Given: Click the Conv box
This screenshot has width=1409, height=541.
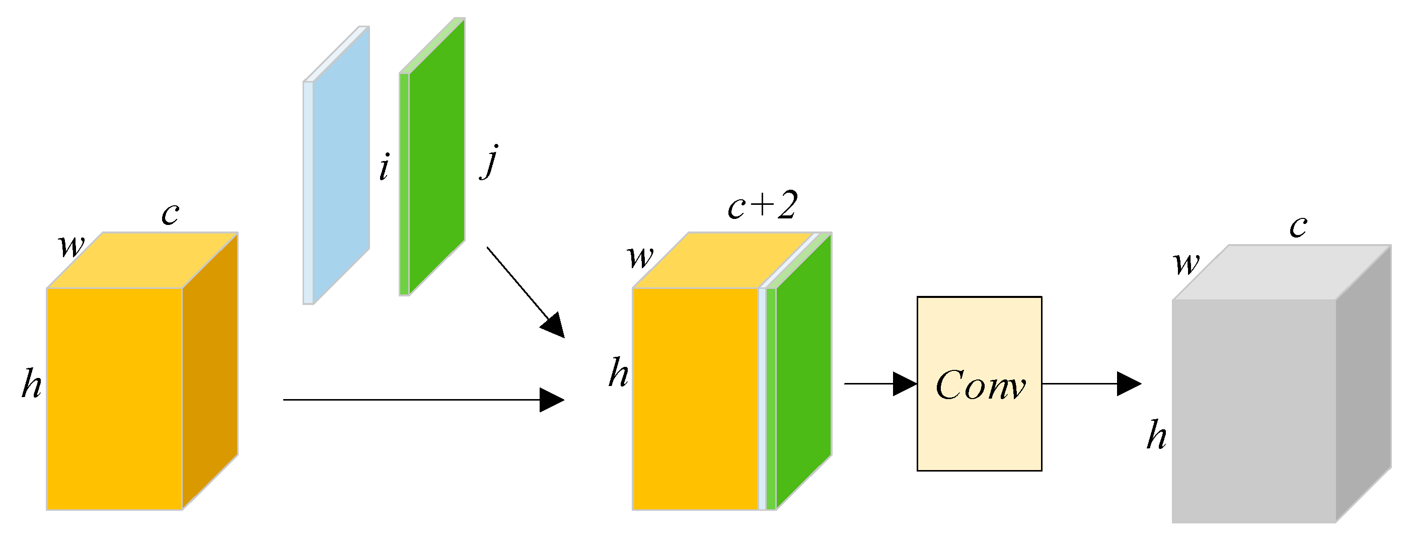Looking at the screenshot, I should [979, 383].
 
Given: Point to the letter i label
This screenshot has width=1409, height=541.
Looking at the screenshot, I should [385, 167].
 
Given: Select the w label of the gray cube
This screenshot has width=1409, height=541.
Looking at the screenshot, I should [1186, 264].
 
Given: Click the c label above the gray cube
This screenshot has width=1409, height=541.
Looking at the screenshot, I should [1298, 226].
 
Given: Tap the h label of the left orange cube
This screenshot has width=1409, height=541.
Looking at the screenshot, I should [32, 384].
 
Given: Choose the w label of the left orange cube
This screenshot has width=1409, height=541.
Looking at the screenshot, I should [71, 246].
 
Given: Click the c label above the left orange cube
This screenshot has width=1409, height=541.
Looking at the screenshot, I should [170, 213].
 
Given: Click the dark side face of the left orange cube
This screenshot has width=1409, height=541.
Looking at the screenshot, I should [210, 372].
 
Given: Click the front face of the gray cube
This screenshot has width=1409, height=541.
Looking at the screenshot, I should [1253, 410].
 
